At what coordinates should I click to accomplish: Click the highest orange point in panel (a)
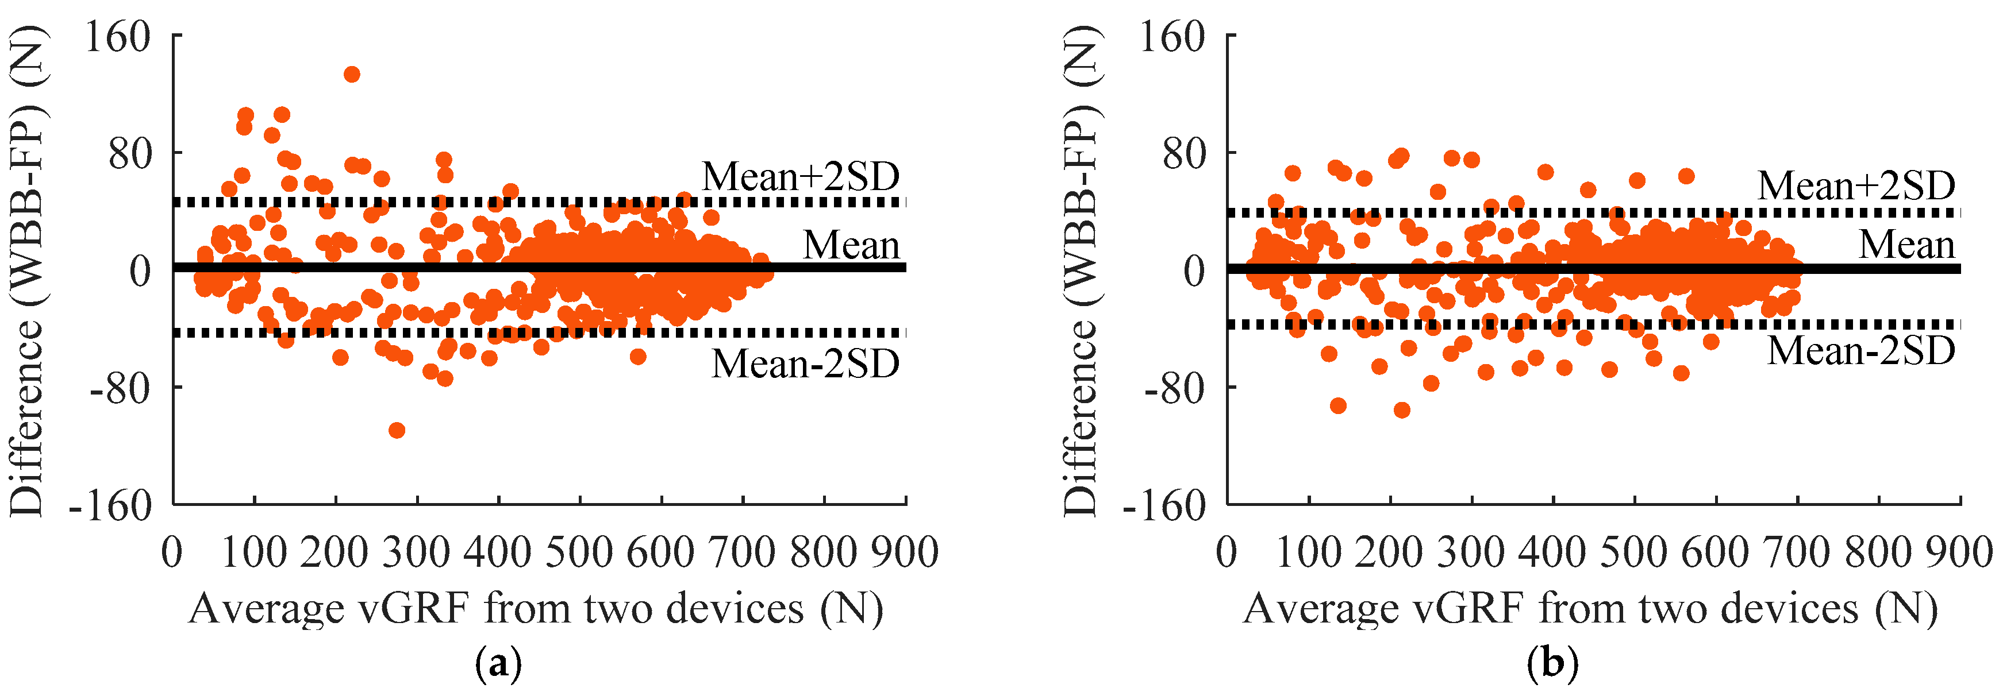tap(352, 75)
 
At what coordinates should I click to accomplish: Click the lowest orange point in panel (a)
tap(397, 430)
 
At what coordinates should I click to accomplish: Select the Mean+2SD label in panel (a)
tap(800, 177)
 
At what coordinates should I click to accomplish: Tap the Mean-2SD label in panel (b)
tap(1861, 351)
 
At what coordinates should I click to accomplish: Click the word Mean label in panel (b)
tap(1906, 245)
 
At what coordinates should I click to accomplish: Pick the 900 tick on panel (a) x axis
tap(904, 552)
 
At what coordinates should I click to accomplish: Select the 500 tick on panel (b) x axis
tap(1634, 552)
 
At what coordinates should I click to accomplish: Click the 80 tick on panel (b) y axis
tap(1183, 153)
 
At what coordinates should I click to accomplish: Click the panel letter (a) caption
tap(497, 664)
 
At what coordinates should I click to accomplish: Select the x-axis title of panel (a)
tap(536, 608)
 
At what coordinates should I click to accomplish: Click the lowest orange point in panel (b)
tap(1401, 409)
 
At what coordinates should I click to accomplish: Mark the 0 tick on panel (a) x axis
tap(172, 552)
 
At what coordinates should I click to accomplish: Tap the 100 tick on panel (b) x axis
tap(1308, 552)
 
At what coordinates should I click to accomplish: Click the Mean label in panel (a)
tap(851, 245)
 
